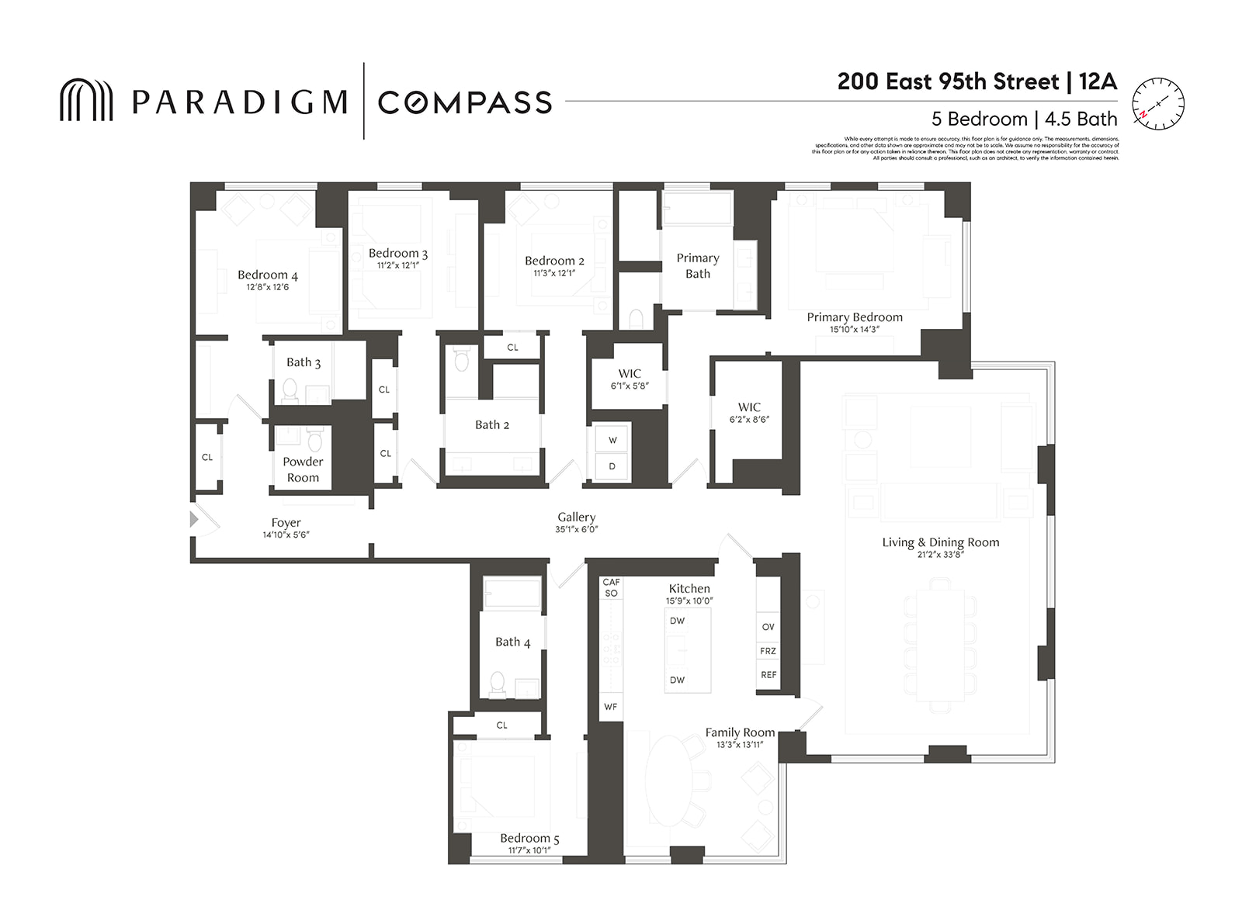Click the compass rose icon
1157,104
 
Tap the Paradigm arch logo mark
86,100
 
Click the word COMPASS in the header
464,102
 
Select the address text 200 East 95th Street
948,82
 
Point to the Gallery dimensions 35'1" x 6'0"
576,530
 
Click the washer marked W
612,440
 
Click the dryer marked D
612,466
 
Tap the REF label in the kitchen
768,675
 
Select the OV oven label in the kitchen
768,627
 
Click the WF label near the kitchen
611,707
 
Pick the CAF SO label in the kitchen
611,587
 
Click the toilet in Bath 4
498,684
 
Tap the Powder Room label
303,469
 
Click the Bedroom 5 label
529,838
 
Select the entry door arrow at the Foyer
194,519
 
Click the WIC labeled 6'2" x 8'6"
749,412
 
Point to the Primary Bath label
697,265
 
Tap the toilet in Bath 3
290,390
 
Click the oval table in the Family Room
669,780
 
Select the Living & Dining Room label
940,542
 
